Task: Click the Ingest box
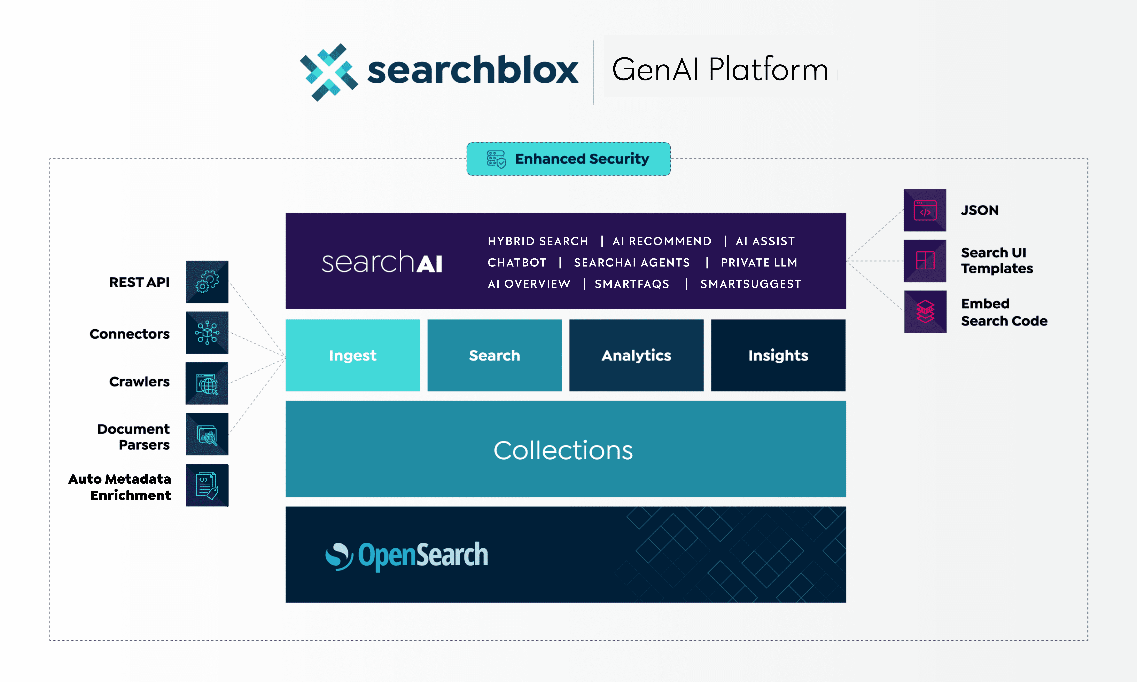(352, 355)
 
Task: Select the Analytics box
(636, 355)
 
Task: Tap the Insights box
(778, 355)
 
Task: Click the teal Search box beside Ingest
(494, 355)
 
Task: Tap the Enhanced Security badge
(568, 159)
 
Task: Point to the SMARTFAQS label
(632, 284)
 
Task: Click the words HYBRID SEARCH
(538, 241)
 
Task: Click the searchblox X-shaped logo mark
(329, 72)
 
